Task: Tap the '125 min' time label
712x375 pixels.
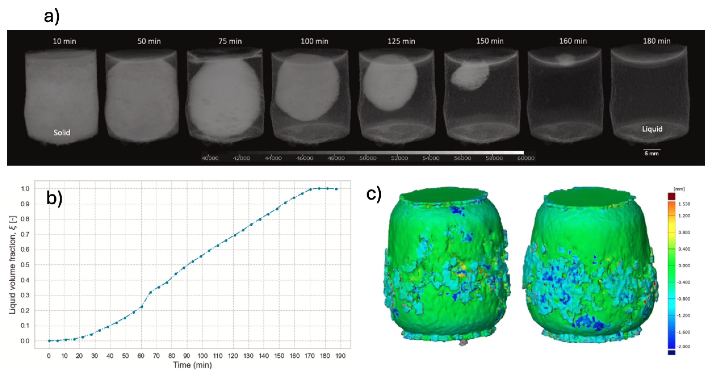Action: pos(401,41)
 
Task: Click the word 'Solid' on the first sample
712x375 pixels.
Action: pos(62,133)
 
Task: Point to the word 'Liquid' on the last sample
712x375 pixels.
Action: pos(652,129)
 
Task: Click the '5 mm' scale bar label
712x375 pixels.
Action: pos(651,154)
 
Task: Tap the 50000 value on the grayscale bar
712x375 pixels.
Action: pos(368,158)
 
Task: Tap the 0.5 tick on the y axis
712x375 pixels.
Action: pos(25,265)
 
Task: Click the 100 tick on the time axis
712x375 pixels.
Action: pos(202,356)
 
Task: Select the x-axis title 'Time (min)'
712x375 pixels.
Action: pos(192,365)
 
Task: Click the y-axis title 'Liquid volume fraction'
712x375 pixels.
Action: pos(12,265)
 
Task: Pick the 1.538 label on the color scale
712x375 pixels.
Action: pos(684,204)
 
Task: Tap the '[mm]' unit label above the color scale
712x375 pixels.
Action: pos(679,189)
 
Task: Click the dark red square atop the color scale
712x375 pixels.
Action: pos(671,196)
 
